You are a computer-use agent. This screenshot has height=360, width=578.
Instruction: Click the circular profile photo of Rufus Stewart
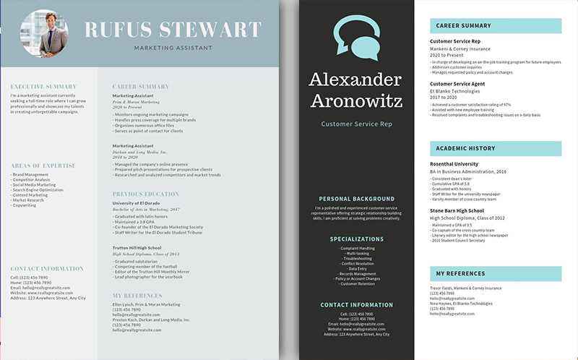tap(44, 33)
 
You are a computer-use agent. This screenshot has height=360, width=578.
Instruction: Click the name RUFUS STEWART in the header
tap(173, 30)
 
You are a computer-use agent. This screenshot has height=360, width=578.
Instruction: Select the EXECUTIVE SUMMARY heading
tap(43, 87)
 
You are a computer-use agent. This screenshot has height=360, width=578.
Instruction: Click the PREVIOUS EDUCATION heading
tap(146, 194)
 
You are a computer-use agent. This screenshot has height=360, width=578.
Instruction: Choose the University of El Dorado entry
tap(137, 203)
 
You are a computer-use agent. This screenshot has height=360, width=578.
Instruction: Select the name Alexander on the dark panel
tap(356, 80)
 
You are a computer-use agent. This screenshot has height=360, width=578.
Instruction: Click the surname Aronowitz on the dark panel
tap(356, 100)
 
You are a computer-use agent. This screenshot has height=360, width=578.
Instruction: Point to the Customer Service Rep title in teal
tap(356, 124)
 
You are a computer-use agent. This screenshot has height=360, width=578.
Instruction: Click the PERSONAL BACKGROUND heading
tap(356, 199)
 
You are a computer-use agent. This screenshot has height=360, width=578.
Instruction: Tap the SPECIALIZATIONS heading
tap(356, 239)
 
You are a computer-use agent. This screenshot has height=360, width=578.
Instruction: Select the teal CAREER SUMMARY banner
tap(495, 26)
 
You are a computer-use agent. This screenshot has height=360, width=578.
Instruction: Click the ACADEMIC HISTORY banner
tap(495, 148)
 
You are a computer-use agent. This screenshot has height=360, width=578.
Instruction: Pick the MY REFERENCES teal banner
tap(495, 273)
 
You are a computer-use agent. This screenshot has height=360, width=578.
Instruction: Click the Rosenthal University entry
tap(454, 164)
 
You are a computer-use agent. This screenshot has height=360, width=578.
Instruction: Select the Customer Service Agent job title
tap(457, 84)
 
